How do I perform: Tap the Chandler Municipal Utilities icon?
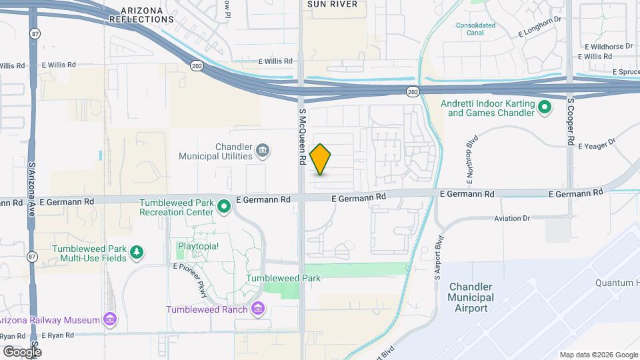coord(263,151)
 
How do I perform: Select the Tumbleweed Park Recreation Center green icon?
coord(225,207)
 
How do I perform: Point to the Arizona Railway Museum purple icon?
coord(111,320)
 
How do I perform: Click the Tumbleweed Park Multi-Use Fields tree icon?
coord(137,252)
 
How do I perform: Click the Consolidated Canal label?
coord(475,29)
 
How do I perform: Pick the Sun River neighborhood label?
coord(332,4)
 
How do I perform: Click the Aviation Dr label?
coord(512,219)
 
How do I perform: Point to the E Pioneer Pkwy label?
coord(191,280)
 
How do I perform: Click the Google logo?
coord(21,351)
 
